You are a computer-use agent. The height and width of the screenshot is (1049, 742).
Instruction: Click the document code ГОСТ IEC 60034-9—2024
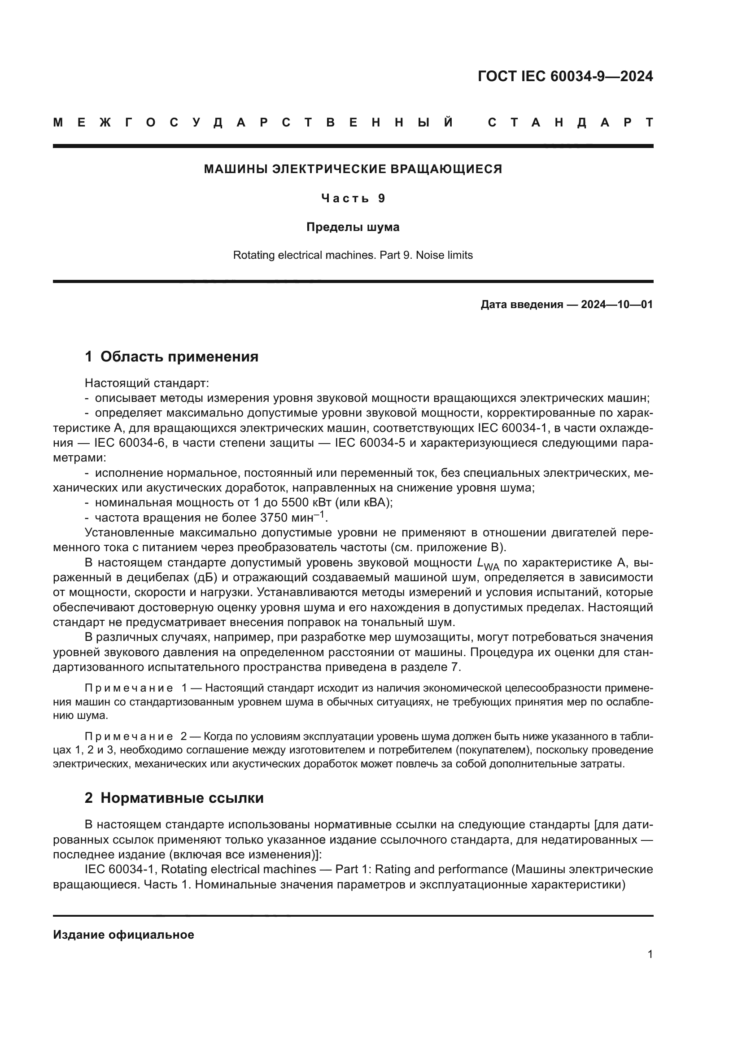pyautogui.click(x=565, y=76)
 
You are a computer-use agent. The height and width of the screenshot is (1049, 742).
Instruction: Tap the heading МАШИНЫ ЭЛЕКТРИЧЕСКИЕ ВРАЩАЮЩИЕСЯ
pyautogui.click(x=353, y=169)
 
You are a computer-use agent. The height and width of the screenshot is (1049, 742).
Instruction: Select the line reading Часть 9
pyautogui.click(x=353, y=198)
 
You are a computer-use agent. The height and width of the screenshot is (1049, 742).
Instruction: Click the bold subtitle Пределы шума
pyautogui.click(x=353, y=227)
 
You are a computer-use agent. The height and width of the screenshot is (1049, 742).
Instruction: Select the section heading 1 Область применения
pyautogui.click(x=171, y=357)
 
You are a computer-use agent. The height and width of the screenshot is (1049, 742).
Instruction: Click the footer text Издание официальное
pyautogui.click(x=123, y=935)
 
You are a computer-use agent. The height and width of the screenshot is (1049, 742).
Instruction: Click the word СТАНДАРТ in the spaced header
pyautogui.click(x=570, y=122)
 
